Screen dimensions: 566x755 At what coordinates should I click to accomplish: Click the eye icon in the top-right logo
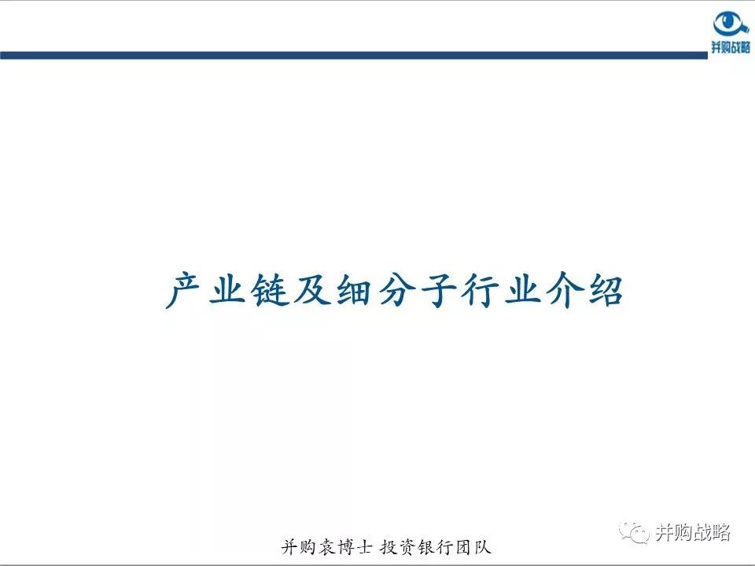tap(731, 24)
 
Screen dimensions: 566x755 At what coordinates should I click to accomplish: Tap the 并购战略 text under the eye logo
tap(731, 48)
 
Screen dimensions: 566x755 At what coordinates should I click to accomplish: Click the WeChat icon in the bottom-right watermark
tap(635, 533)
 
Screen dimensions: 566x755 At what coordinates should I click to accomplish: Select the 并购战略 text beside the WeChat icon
tap(693, 533)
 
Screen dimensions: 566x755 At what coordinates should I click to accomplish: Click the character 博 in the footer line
tap(347, 548)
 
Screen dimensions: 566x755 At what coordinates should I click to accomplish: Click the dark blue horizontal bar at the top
tap(354, 55)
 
